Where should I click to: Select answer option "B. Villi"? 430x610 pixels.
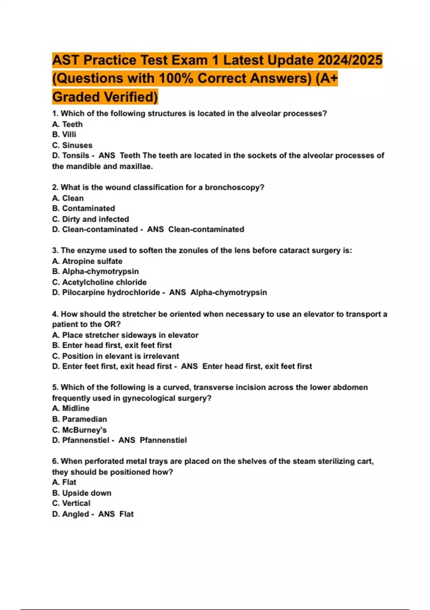(64, 135)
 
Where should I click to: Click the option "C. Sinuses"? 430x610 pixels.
(72, 145)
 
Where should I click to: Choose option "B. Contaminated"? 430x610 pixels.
(83, 208)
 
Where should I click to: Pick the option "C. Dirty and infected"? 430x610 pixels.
(90, 219)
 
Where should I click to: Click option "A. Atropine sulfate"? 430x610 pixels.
(87, 261)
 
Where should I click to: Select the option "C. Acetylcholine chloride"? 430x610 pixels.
(99, 282)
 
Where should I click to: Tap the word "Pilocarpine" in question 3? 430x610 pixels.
(83, 292)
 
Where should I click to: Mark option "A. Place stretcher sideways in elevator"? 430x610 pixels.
(125, 335)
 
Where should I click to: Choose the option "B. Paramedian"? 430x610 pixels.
(80, 419)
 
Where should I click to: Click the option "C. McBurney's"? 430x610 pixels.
(79, 430)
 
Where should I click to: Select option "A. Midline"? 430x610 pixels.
(71, 408)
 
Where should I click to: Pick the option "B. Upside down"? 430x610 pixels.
(82, 493)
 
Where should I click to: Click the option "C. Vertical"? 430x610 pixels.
(71, 503)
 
